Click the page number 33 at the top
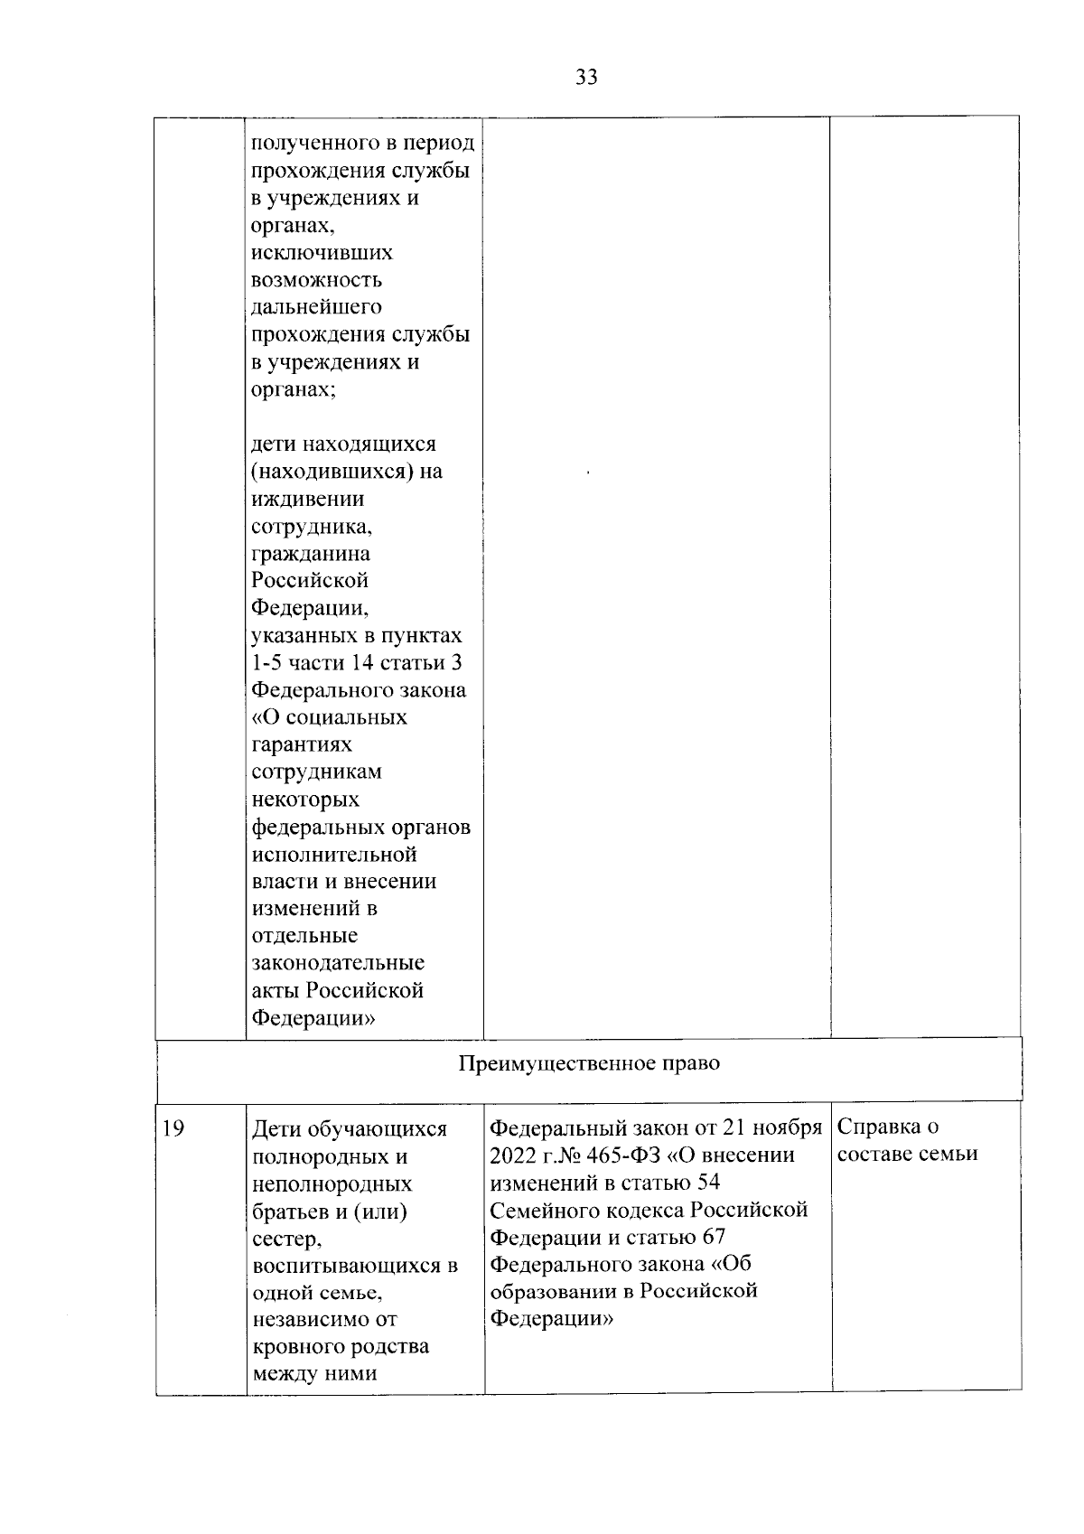pyautogui.click(x=586, y=78)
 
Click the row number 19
pyautogui.click(x=173, y=1128)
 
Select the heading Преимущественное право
pyautogui.click(x=589, y=1063)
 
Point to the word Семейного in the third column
pyautogui.click(x=541, y=1211)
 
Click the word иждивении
pyautogui.click(x=308, y=499)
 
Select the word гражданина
pyautogui.click(x=310, y=554)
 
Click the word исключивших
pyautogui.click(x=322, y=253)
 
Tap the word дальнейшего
pyautogui.click(x=316, y=307)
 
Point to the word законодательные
pyautogui.click(x=338, y=963)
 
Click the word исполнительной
pyautogui.click(x=333, y=854)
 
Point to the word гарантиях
pyautogui.click(x=302, y=744)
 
